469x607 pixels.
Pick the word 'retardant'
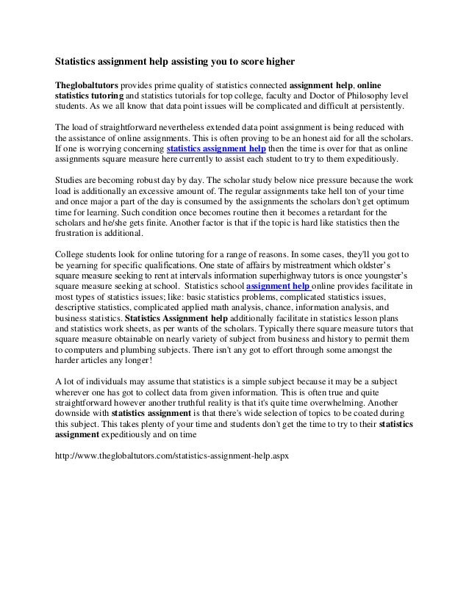tap(314, 222)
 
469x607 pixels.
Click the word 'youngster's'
tap(385, 275)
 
